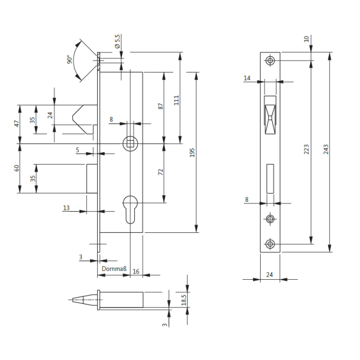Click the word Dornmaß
click(114, 269)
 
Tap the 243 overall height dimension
click(326, 149)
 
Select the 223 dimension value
click(307, 149)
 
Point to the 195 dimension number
click(192, 153)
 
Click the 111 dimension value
click(176, 100)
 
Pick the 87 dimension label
click(161, 106)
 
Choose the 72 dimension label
click(161, 172)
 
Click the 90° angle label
click(69, 59)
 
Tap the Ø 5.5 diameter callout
click(117, 41)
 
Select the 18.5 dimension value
click(184, 300)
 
